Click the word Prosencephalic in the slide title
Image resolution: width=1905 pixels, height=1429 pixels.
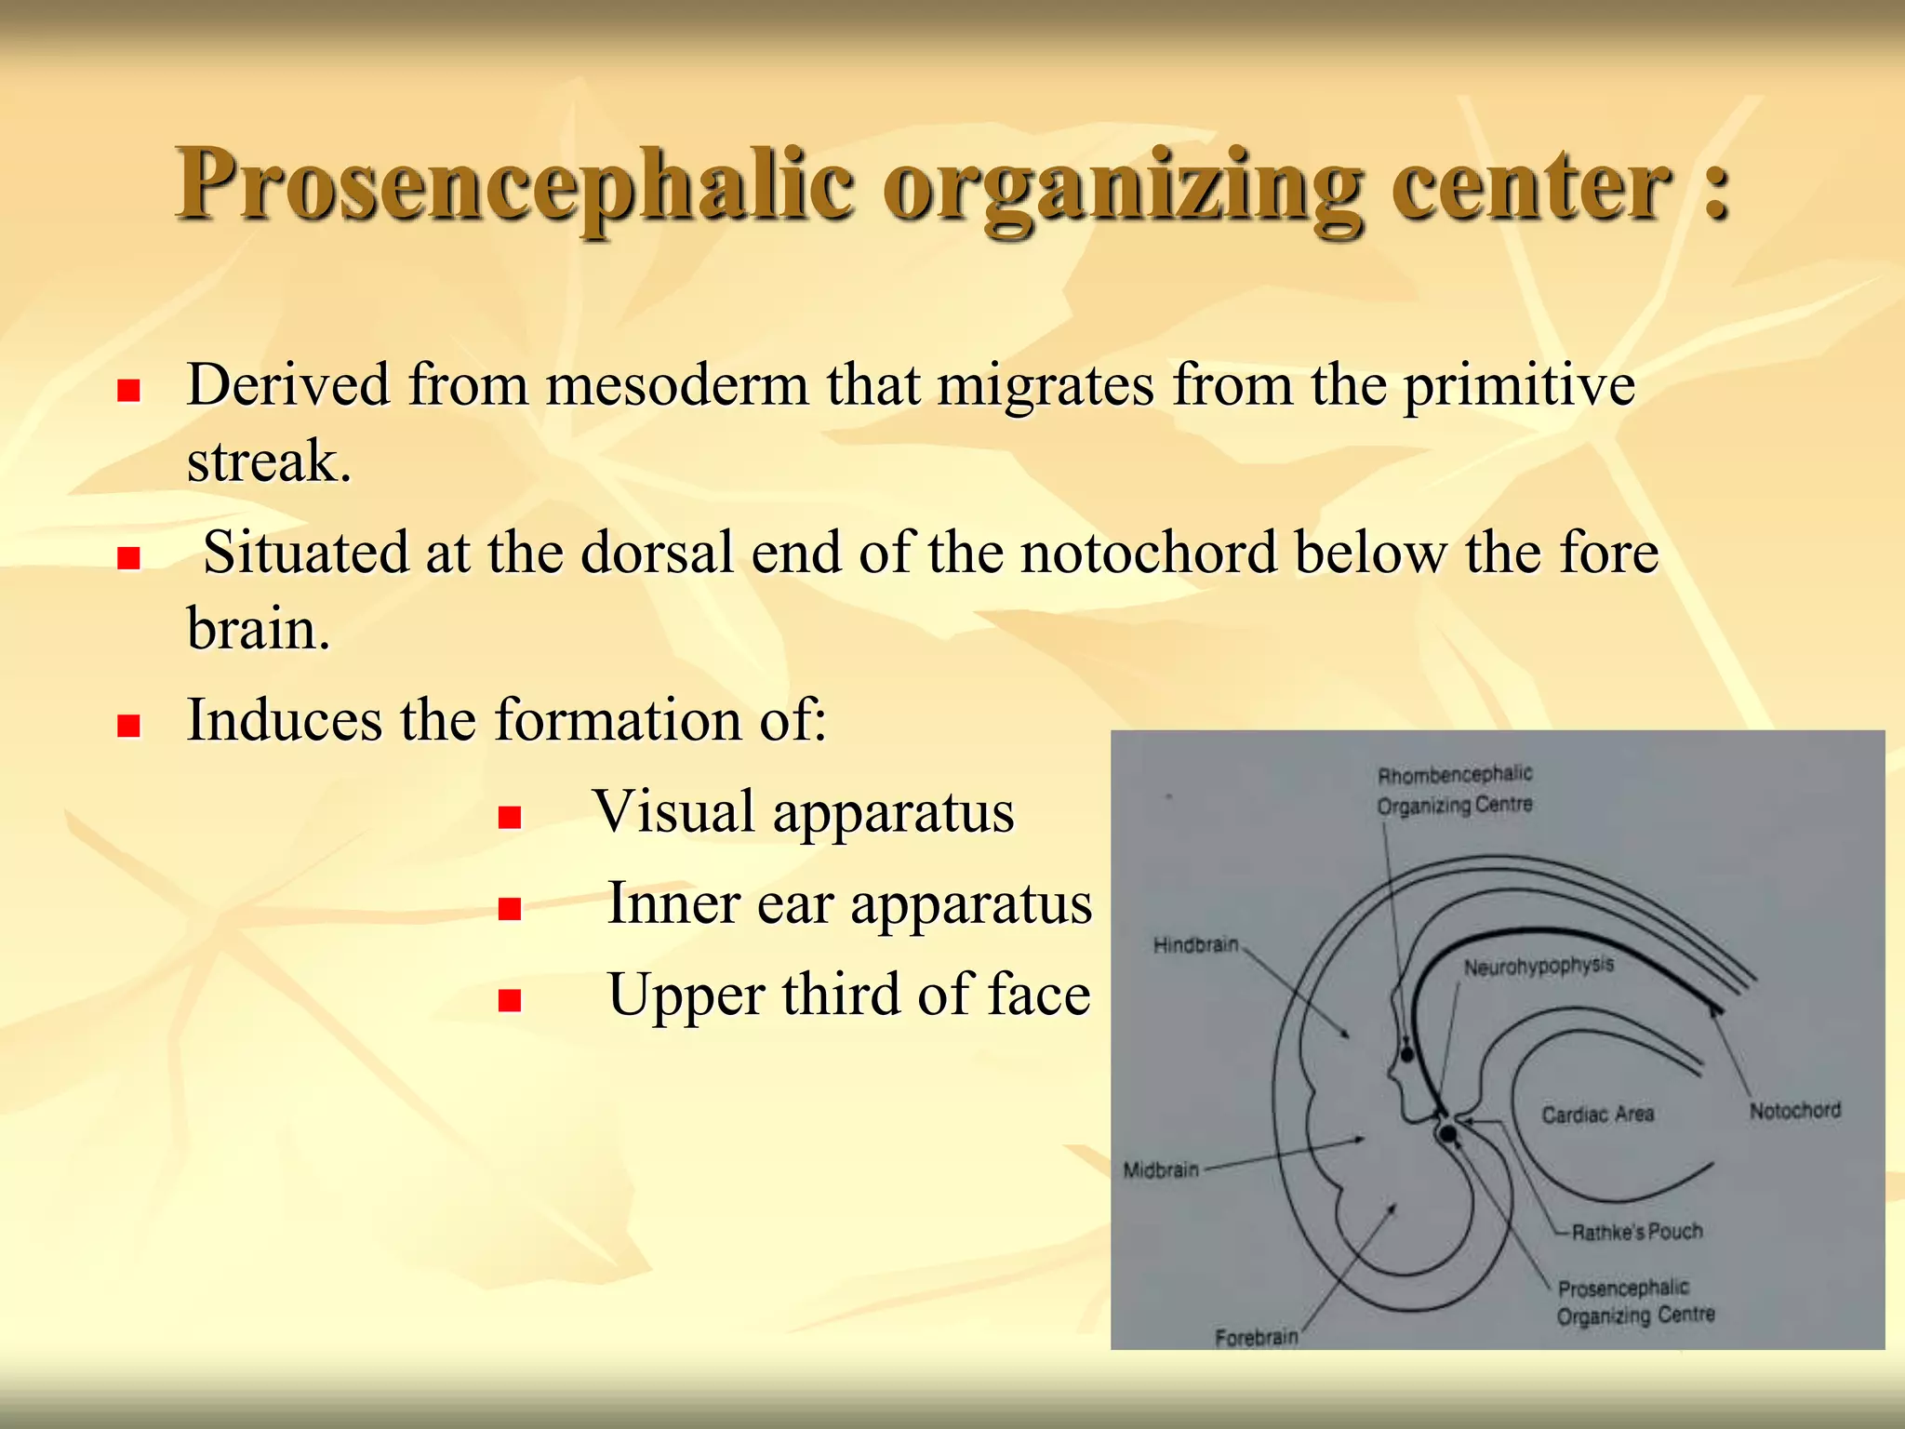tap(514, 185)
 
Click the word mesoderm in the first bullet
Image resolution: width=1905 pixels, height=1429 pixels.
tap(677, 385)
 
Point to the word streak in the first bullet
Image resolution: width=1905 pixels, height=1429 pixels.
tap(262, 461)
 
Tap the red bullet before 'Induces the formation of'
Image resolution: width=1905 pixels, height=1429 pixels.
tap(128, 725)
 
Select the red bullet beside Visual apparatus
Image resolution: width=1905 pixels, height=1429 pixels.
tap(509, 817)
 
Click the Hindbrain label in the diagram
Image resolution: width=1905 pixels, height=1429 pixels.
tap(1195, 945)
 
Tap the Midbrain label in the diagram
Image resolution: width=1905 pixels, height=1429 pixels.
tap(1161, 1169)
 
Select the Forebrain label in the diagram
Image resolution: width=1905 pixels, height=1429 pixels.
tap(1256, 1337)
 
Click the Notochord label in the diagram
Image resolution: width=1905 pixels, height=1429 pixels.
tap(1794, 1110)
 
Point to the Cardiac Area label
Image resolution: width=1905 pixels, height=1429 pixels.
tap(1597, 1114)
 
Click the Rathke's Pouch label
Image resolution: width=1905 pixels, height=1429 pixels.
tap(1636, 1232)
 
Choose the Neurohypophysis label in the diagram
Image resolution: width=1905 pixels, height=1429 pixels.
tap(1539, 967)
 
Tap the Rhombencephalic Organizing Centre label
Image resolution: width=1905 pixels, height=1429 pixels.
tap(1454, 790)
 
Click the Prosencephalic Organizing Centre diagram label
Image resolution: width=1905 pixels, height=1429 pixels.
tap(1635, 1302)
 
